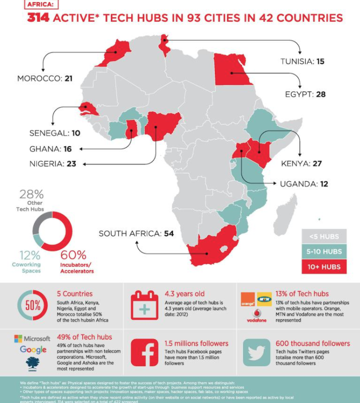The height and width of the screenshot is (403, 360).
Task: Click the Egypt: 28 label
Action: coord(306,94)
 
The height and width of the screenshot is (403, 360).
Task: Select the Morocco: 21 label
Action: coord(45,79)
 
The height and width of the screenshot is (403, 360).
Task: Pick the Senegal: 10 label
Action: coord(55,133)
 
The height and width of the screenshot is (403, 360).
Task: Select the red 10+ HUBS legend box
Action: coord(325,266)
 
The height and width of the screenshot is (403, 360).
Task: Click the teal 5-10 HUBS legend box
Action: coord(325,251)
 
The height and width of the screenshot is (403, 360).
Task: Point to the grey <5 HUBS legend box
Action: coord(325,236)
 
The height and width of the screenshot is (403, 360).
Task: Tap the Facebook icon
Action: coord(146,353)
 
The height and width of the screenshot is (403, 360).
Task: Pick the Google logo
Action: coord(33,350)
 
